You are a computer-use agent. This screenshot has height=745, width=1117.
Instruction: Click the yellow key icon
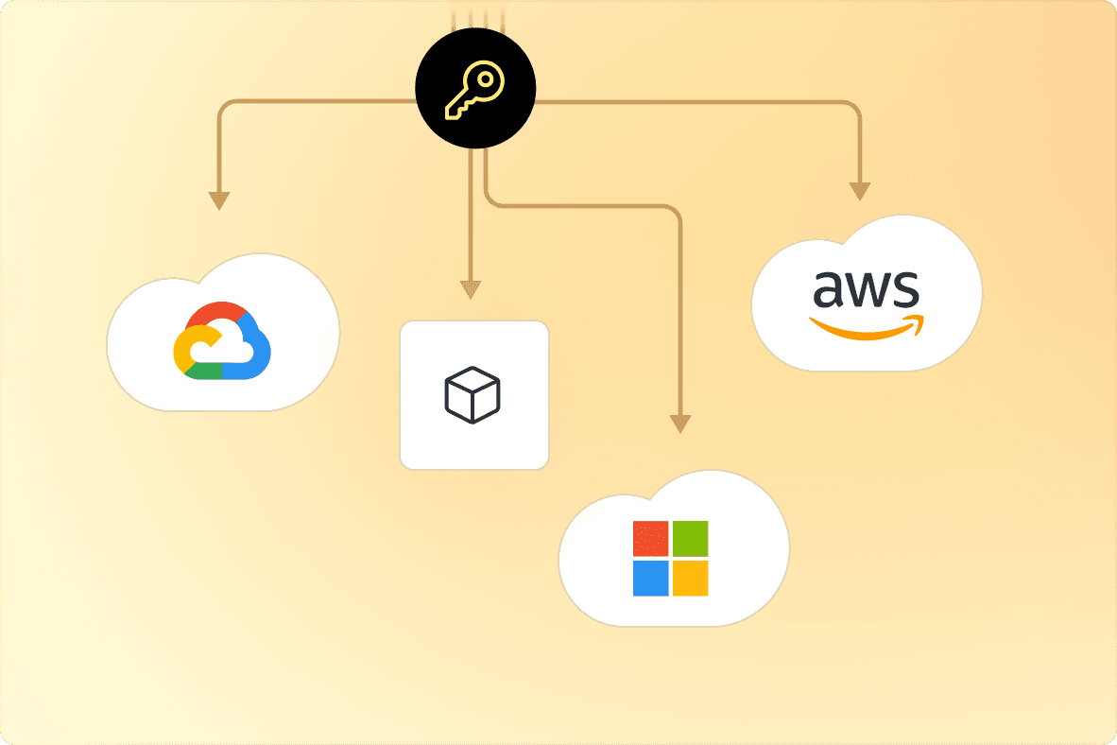pos(475,91)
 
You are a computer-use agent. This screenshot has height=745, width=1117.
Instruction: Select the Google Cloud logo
pos(222,341)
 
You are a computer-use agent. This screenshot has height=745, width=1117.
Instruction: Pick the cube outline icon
pos(473,394)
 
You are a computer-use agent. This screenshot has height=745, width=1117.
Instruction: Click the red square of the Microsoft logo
pos(650,538)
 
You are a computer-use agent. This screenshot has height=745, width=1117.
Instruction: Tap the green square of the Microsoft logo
pos(690,538)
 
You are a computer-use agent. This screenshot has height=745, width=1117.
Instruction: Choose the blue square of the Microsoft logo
pos(650,578)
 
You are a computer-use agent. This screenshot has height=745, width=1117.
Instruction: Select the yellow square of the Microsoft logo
pos(690,578)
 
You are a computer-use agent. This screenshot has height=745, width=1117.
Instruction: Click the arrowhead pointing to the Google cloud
pos(219,199)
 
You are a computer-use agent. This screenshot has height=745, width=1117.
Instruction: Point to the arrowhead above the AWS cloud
pos(859,190)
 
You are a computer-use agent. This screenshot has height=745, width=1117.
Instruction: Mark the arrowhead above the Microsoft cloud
pos(679,424)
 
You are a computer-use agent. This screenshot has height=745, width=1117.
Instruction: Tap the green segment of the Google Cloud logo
pos(206,371)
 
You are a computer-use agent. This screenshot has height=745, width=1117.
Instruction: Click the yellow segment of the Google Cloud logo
pos(181,347)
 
